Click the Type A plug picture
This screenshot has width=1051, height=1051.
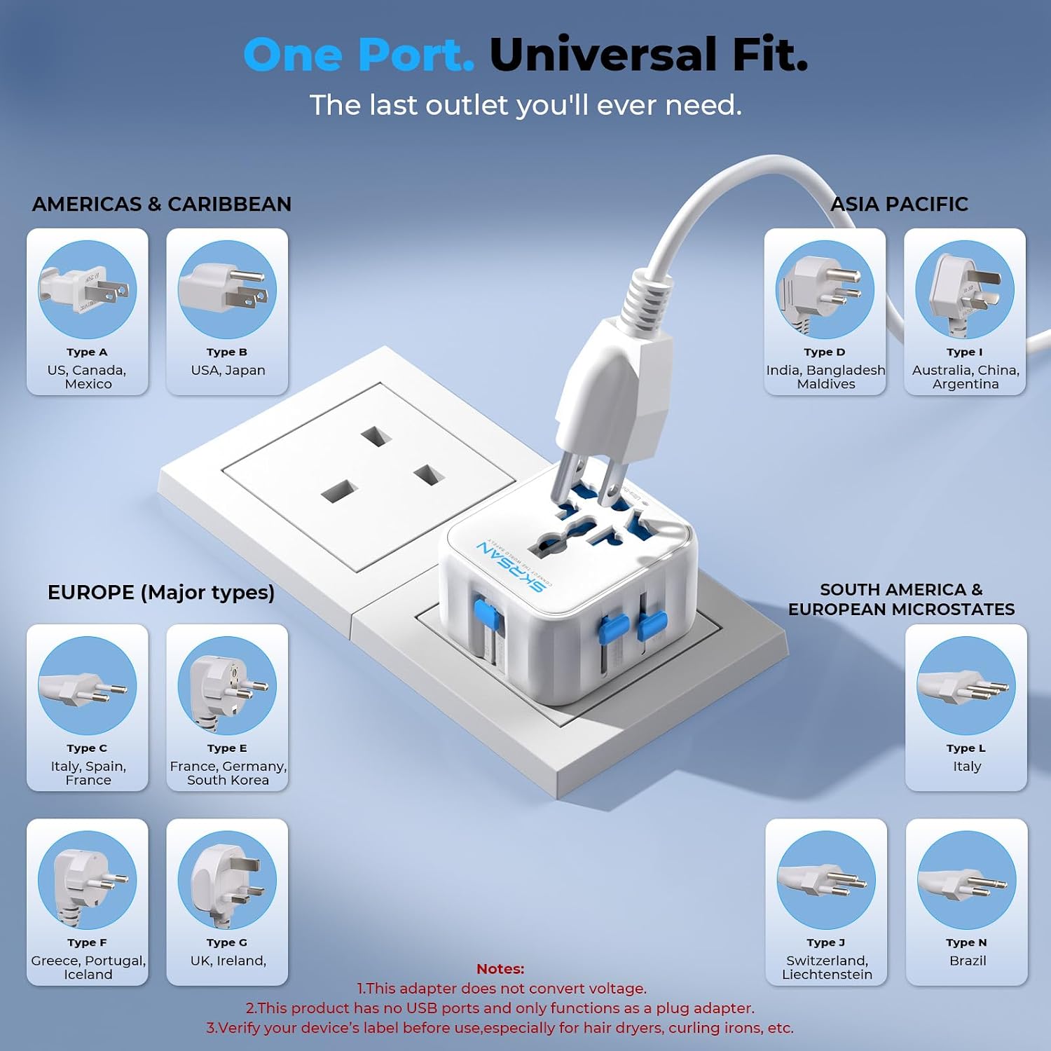pos(87,290)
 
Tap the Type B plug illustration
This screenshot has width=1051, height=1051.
pos(227,290)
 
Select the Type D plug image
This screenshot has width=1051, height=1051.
pos(825,290)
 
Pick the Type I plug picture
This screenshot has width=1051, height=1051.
pos(965,290)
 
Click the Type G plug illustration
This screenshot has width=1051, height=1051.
pos(227,881)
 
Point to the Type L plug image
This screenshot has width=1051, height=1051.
pos(966,686)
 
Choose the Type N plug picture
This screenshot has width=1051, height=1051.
pos(966,881)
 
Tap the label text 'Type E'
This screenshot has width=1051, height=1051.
pos(227,748)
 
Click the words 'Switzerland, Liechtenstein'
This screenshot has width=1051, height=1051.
pos(827,968)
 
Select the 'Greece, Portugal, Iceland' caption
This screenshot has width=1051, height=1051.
pos(88,968)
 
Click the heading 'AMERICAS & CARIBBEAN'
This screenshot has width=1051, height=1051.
pos(162,204)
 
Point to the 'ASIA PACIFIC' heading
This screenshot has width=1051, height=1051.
pos(899,204)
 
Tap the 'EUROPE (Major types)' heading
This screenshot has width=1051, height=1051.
pos(161,593)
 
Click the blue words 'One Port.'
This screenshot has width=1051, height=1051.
pos(359,55)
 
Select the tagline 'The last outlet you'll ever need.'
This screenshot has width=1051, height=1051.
pos(525,105)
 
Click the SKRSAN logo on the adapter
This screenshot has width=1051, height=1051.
pos(510,566)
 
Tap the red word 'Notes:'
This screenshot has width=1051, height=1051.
pos(500,969)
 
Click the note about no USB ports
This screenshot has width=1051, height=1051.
pos(500,1008)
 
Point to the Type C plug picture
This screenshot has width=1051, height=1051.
pos(87,686)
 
